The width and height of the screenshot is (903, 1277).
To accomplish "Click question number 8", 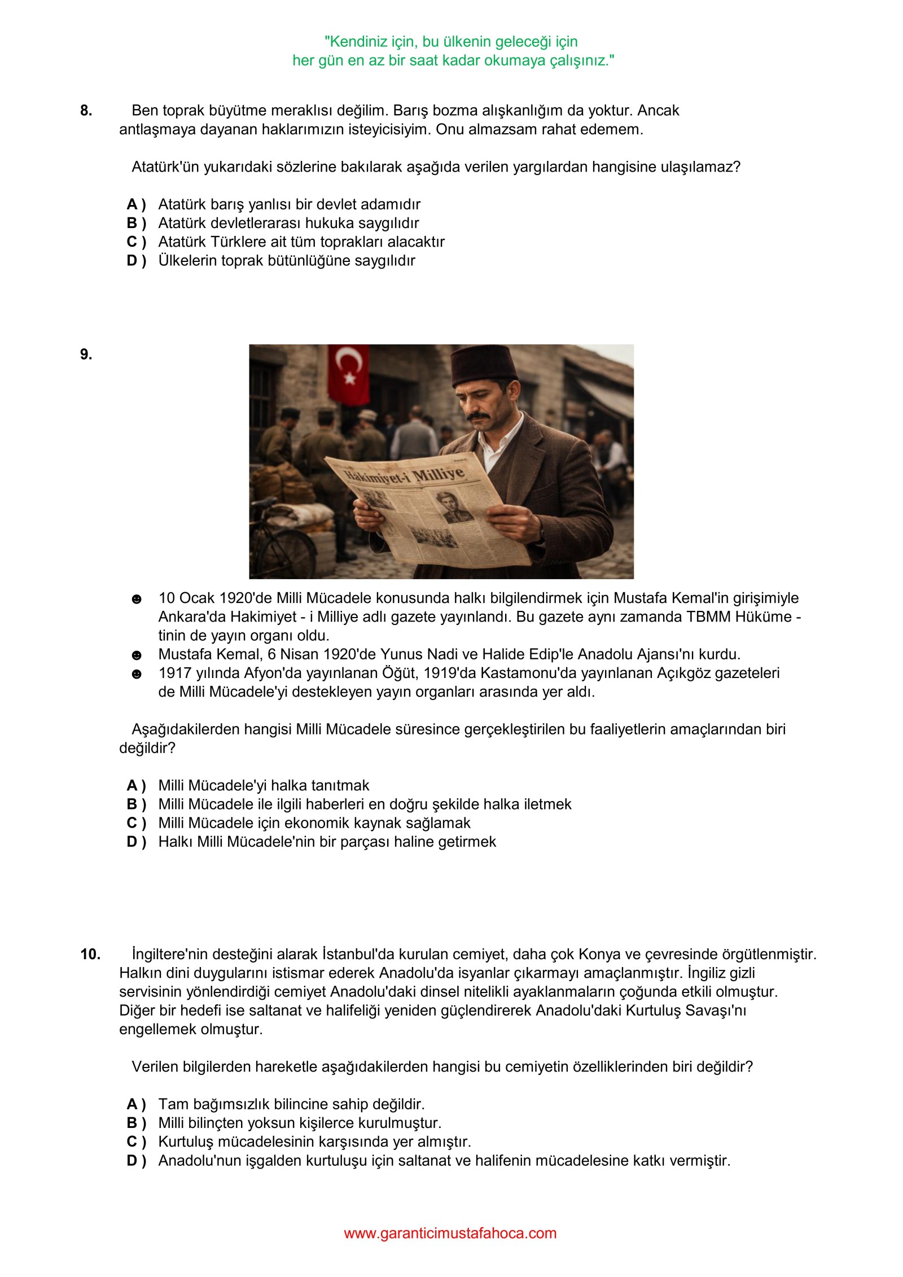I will [x=86, y=111].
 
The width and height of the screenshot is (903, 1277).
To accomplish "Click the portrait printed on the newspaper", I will [x=450, y=506].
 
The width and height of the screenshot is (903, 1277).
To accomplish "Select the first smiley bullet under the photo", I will [x=137, y=599].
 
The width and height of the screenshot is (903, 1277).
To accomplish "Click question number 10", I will [x=90, y=954].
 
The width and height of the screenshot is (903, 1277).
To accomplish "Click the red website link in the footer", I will [x=450, y=1233].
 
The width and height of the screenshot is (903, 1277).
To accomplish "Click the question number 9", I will [x=86, y=355].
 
